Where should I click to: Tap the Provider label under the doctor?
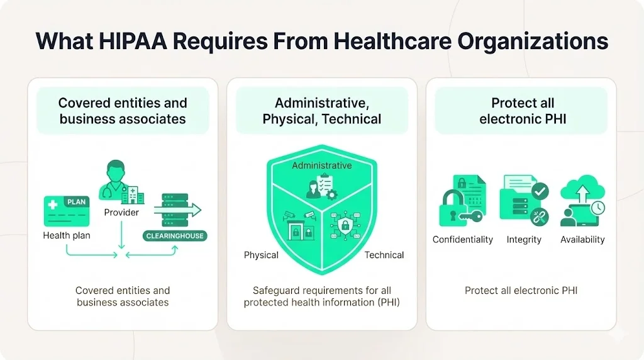pos(121,212)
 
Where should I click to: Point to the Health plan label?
pos(67,235)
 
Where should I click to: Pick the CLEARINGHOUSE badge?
pos(175,236)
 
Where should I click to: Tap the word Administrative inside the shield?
pos(321,165)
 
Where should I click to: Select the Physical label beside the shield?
pos(261,255)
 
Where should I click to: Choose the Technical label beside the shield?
pos(384,255)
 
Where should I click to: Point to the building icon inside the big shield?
pos(299,230)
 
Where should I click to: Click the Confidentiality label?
pos(462,239)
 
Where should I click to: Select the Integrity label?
pos(524,239)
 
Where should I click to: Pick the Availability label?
pos(582,239)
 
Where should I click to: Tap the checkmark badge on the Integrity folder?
pos(539,191)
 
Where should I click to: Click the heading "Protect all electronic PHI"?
pos(523,110)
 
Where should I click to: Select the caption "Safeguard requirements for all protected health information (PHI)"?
pos(321,296)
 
